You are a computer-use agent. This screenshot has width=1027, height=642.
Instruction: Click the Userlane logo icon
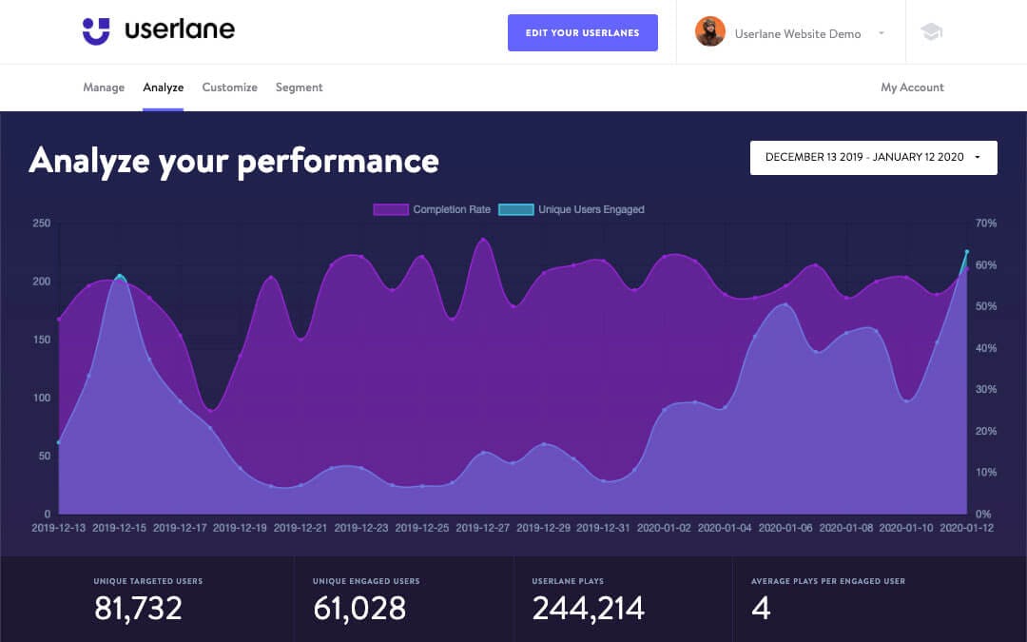(96, 31)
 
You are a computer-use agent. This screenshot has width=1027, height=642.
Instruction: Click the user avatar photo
(710, 32)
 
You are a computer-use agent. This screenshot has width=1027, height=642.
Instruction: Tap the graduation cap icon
(931, 32)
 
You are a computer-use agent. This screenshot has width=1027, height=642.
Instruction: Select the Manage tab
(104, 88)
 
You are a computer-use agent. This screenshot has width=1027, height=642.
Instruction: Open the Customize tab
(229, 88)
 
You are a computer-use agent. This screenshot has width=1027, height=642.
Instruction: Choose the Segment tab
(299, 88)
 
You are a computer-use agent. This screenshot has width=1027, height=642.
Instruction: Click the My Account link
(912, 88)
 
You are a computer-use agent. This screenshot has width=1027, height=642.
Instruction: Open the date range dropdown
(873, 158)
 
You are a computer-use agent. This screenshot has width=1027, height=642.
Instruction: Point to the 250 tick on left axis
(42, 224)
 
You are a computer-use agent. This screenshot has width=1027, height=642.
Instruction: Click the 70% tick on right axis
(986, 224)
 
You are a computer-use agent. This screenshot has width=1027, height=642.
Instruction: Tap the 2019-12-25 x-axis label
(422, 528)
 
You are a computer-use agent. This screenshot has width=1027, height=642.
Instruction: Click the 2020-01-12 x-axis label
(966, 528)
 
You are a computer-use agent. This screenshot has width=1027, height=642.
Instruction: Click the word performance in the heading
(338, 161)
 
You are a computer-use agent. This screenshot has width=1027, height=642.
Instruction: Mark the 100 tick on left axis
(42, 398)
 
